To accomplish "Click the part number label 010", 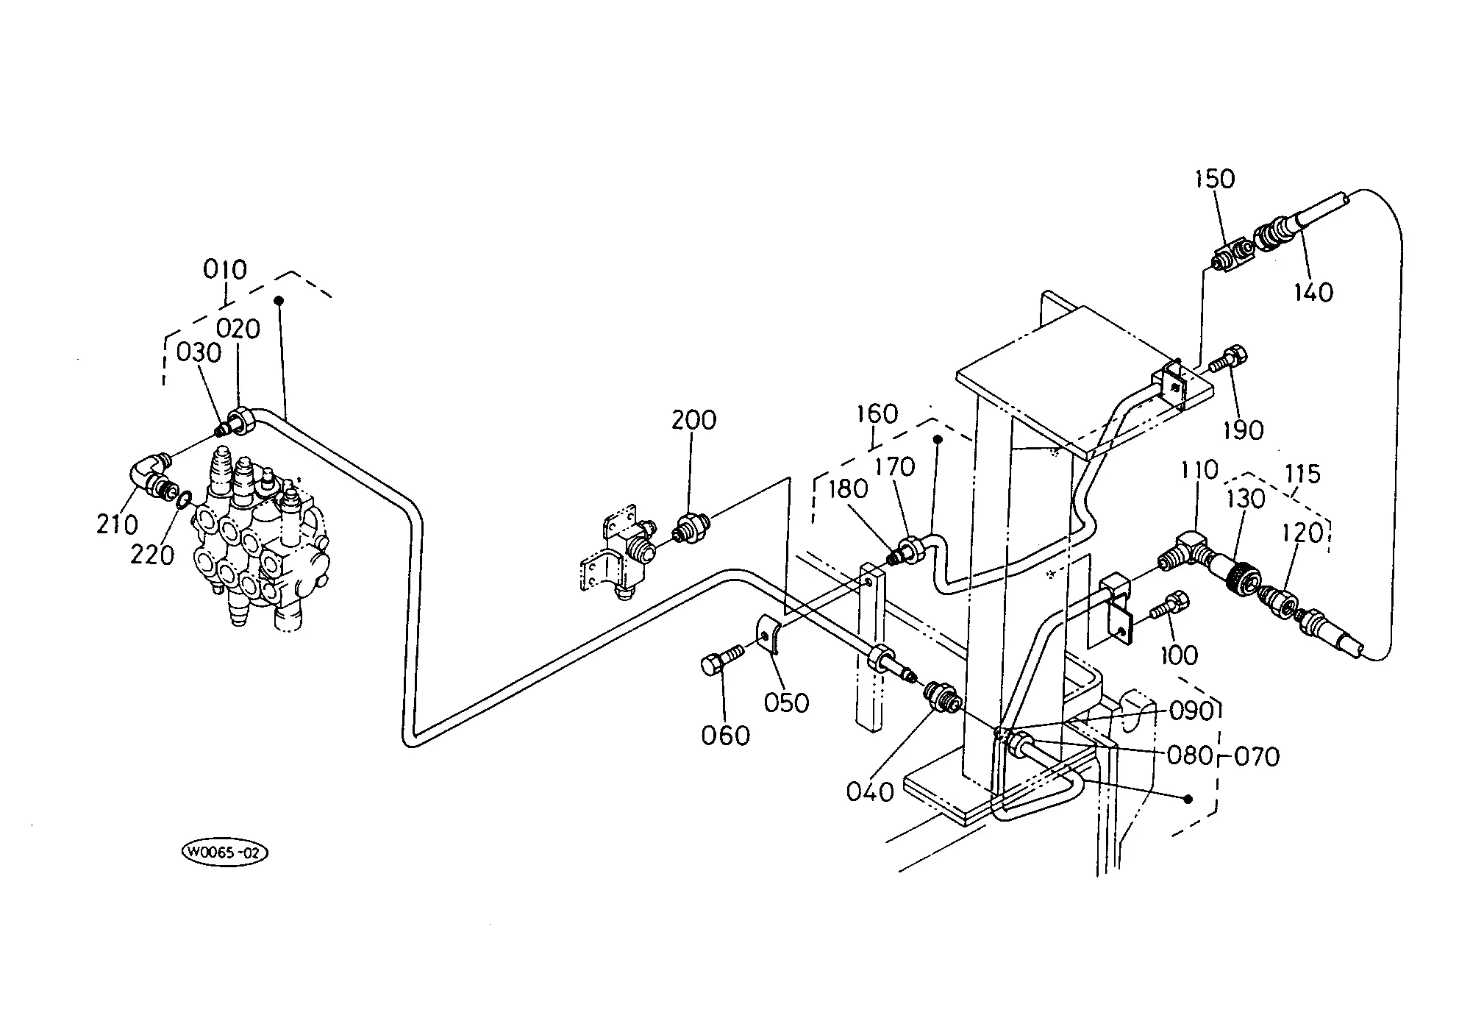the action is click(225, 269).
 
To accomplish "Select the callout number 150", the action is click(1215, 179).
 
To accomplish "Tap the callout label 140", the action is click(1313, 293).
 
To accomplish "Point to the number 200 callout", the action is click(693, 420).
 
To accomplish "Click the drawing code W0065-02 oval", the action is click(224, 853).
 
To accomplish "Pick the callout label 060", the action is click(725, 736).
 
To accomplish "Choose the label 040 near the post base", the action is click(870, 792).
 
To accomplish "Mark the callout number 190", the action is click(1243, 430).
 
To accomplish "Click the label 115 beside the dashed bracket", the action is click(1303, 474).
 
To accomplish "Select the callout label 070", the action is click(1256, 756).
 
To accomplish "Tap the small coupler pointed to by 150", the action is click(1233, 257).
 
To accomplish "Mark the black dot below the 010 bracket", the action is click(279, 300).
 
